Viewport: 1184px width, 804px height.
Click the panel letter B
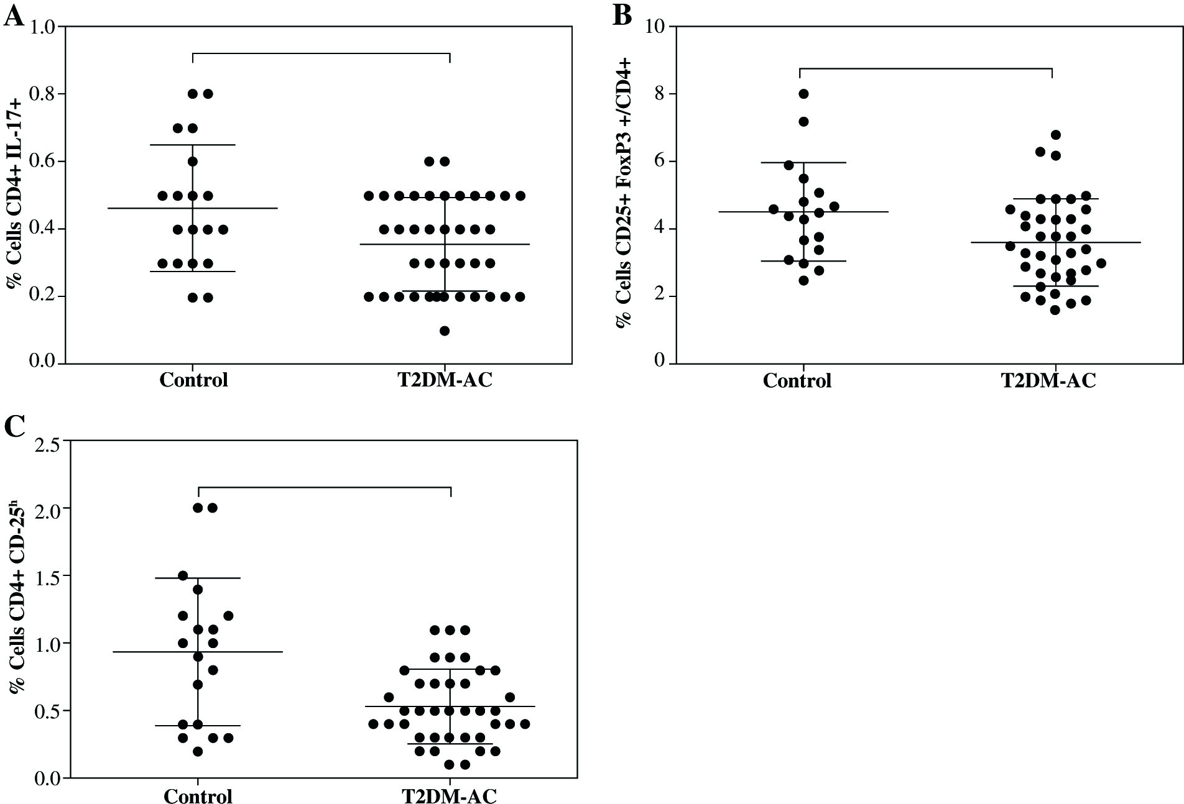point(622,15)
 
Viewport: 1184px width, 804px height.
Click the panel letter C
point(15,427)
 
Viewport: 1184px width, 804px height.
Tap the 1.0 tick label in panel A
point(41,27)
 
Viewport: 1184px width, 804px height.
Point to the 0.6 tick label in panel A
point(41,162)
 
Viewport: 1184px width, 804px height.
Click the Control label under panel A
point(193,380)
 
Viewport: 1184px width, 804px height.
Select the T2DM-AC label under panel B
point(1048,380)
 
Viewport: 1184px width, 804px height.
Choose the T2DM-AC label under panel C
point(450,796)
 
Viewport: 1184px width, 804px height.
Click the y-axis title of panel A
point(14,194)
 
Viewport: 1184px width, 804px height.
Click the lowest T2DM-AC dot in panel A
point(445,331)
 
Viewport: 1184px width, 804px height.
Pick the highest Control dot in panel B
point(803,94)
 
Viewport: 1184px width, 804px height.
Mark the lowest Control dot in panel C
point(198,752)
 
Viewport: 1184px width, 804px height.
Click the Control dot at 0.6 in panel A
point(193,162)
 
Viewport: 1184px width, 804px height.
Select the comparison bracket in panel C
point(324,488)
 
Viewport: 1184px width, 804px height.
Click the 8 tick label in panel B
point(659,94)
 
